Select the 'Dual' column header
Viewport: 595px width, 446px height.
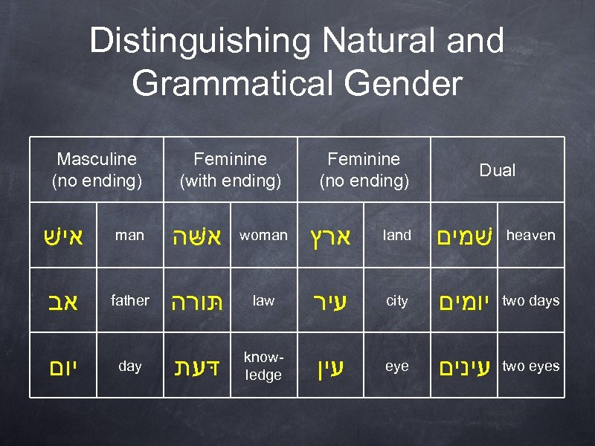[x=497, y=170]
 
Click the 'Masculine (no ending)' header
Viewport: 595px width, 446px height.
[x=97, y=169]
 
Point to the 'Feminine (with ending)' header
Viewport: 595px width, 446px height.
[x=231, y=169]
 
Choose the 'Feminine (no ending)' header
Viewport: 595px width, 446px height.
[x=364, y=169]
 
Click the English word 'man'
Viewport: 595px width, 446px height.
[x=130, y=236]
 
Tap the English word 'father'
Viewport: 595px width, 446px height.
[x=130, y=300]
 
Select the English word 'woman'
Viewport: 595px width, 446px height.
[x=263, y=236]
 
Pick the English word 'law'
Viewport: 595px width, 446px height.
[x=263, y=301]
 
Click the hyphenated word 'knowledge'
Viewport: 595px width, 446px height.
[x=263, y=367]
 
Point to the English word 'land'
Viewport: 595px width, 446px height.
[x=397, y=236]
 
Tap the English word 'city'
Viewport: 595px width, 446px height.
[x=397, y=301]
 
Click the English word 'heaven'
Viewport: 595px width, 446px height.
[x=531, y=236]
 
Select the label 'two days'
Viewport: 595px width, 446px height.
[x=531, y=301]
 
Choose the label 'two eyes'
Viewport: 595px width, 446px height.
[x=531, y=366]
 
